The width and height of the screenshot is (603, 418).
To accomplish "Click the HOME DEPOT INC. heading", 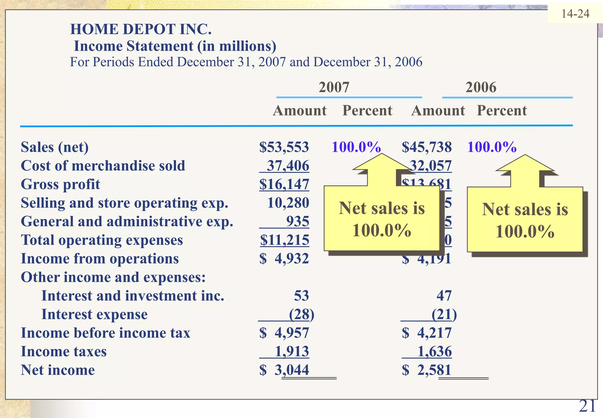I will pyautogui.click(x=141, y=29).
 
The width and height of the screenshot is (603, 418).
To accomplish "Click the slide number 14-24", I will pyautogui.click(x=575, y=14).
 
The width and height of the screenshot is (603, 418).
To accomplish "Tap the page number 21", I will pyautogui.click(x=587, y=406).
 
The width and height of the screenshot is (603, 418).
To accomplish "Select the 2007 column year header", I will pyautogui.click(x=334, y=87).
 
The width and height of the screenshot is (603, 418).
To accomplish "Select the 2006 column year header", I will pyautogui.click(x=481, y=87).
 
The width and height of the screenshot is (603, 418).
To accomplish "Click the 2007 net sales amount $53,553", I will pyautogui.click(x=284, y=147).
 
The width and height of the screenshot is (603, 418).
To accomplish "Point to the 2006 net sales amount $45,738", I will pyautogui.click(x=427, y=147).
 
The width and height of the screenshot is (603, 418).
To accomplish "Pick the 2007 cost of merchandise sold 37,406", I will pyautogui.click(x=288, y=166).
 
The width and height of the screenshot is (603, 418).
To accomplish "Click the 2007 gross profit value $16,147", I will pyautogui.click(x=284, y=184).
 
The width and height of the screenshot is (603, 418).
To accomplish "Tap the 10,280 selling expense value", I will pyautogui.click(x=288, y=203).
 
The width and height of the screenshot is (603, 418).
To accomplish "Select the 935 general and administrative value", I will pyautogui.click(x=297, y=221).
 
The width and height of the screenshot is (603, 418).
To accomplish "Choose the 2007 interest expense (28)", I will pyautogui.click(x=301, y=314).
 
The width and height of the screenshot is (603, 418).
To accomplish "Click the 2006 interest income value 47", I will pyautogui.click(x=444, y=296).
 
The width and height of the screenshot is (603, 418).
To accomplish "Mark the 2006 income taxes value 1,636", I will pyautogui.click(x=434, y=351).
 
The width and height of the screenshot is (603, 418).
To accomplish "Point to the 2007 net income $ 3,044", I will pyautogui.click(x=284, y=370).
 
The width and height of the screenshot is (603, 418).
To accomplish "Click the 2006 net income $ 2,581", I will pyautogui.click(x=427, y=370).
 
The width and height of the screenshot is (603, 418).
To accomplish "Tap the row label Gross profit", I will pyautogui.click(x=60, y=184).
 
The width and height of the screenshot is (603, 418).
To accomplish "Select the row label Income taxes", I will pyautogui.click(x=64, y=351).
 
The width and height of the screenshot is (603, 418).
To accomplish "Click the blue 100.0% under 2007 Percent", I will pyautogui.click(x=356, y=147).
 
